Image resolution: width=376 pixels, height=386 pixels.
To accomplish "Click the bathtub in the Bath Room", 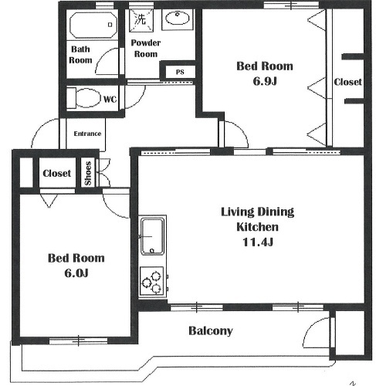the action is pyautogui.click(x=93, y=25).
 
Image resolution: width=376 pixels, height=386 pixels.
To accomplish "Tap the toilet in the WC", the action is pyautogui.click(x=84, y=98).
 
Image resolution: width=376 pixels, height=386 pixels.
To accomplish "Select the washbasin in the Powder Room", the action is pyautogui.click(x=178, y=19).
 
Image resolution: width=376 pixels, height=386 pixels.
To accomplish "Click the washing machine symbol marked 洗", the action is pyautogui.click(x=141, y=20).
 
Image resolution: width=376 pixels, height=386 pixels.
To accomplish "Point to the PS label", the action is pyautogui.click(x=180, y=72).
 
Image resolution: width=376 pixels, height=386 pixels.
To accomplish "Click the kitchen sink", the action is pyautogui.click(x=152, y=236).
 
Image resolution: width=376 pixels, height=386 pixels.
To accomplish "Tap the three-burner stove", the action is pyautogui.click(x=152, y=281).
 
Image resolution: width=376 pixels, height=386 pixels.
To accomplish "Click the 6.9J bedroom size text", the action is pyautogui.click(x=265, y=81).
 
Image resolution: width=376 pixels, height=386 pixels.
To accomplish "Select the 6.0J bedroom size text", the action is pyautogui.click(x=76, y=273).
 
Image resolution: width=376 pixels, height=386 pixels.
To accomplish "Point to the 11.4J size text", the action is pyautogui.click(x=258, y=242).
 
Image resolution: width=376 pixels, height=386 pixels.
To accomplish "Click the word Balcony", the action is pyautogui.click(x=211, y=331).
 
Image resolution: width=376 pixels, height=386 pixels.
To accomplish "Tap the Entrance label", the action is pyautogui.click(x=87, y=134).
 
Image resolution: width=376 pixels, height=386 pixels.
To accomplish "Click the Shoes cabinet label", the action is pyautogui.click(x=88, y=173).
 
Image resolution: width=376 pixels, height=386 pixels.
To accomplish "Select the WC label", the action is pyautogui.click(x=110, y=100).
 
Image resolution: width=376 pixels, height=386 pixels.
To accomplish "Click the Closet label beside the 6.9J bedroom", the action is pyautogui.click(x=347, y=82).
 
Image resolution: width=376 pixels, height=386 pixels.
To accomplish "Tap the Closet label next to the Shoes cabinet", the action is pyautogui.click(x=56, y=173).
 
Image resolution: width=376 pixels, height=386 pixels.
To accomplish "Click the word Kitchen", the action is pyautogui.click(x=257, y=227).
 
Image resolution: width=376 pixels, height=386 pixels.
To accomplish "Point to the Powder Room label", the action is pyautogui.click(x=146, y=49).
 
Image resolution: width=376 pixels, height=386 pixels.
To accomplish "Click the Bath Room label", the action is pyautogui.click(x=80, y=55).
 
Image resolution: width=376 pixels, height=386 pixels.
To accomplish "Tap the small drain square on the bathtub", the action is pyautogui.click(x=110, y=25).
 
